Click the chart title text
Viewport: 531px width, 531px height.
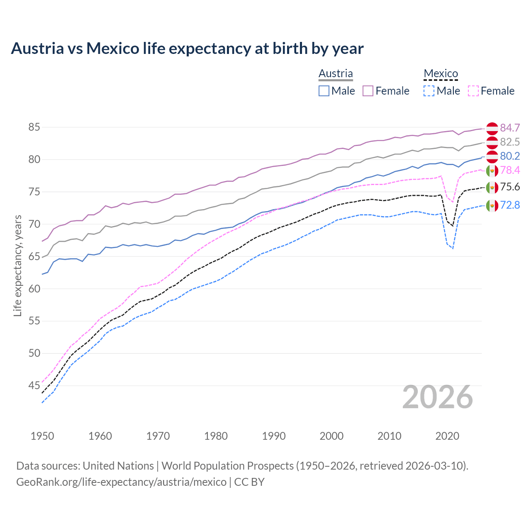(187, 49)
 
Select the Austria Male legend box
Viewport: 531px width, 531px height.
(324, 91)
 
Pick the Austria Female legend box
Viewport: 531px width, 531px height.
(368, 91)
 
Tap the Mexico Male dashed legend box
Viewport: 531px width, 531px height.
(429, 91)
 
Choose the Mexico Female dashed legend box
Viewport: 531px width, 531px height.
(473, 91)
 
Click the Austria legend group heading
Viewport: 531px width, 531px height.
(336, 73)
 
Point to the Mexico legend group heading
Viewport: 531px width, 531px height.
(441, 73)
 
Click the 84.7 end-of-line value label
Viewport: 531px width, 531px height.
(510, 128)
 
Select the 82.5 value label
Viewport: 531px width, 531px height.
(510, 142)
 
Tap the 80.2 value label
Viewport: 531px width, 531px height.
(510, 156)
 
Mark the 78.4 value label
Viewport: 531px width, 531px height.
(510, 171)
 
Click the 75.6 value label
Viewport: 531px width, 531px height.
(510, 187)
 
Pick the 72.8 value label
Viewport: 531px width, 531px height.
(510, 205)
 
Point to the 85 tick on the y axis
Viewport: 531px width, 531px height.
(34, 127)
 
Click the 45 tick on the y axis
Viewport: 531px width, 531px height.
(34, 386)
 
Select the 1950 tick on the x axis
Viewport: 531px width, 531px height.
(42, 436)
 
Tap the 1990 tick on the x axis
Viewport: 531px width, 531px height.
(274, 436)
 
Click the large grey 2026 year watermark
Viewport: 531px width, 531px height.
(438, 397)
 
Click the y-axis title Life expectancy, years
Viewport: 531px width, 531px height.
(18, 265)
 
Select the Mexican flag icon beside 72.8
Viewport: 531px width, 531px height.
(492, 205)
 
